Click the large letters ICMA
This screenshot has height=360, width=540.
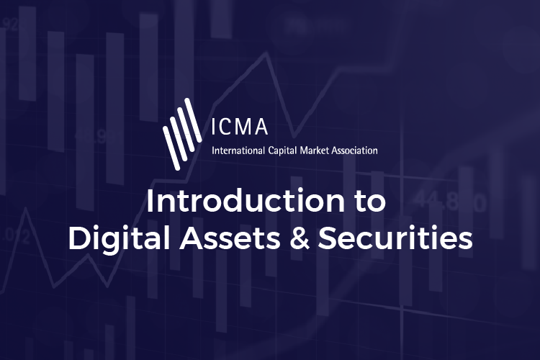239,126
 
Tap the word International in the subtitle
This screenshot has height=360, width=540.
236,151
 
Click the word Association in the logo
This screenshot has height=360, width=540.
355,151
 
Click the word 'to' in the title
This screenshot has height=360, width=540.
373,202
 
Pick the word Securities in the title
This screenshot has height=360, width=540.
392,240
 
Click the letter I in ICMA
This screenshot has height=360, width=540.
215,126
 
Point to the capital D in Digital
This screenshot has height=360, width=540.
77,240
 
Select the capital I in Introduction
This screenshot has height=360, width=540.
150,202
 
